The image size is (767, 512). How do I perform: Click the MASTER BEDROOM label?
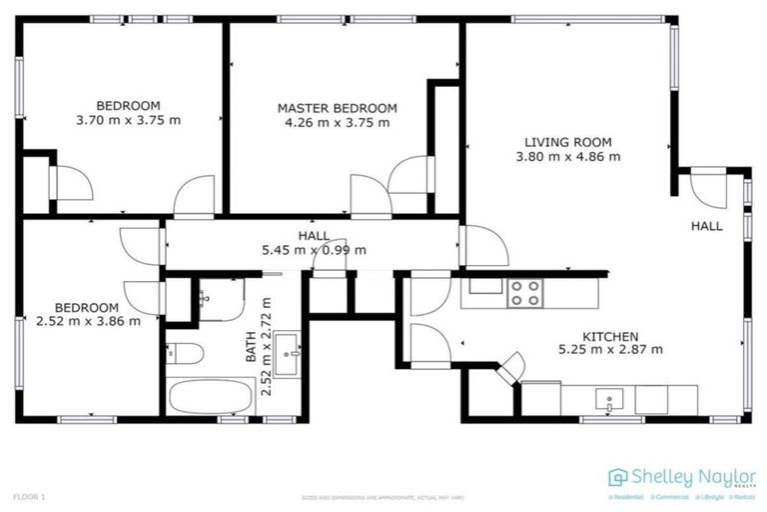tap(337, 108)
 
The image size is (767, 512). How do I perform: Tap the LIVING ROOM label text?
tap(568, 142)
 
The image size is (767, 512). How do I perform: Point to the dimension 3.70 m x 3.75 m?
tap(128, 120)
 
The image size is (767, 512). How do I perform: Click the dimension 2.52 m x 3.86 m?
tap(87, 321)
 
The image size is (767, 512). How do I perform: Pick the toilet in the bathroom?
tap(186, 353)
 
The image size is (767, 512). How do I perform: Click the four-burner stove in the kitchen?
tap(525, 292)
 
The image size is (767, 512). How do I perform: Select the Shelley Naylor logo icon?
tap(618, 477)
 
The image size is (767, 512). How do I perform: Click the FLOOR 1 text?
tap(29, 496)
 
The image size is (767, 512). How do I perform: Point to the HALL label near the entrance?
tap(707, 227)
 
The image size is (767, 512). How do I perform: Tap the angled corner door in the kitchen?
tap(510, 367)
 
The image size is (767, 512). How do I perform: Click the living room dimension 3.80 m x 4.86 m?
tap(568, 156)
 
